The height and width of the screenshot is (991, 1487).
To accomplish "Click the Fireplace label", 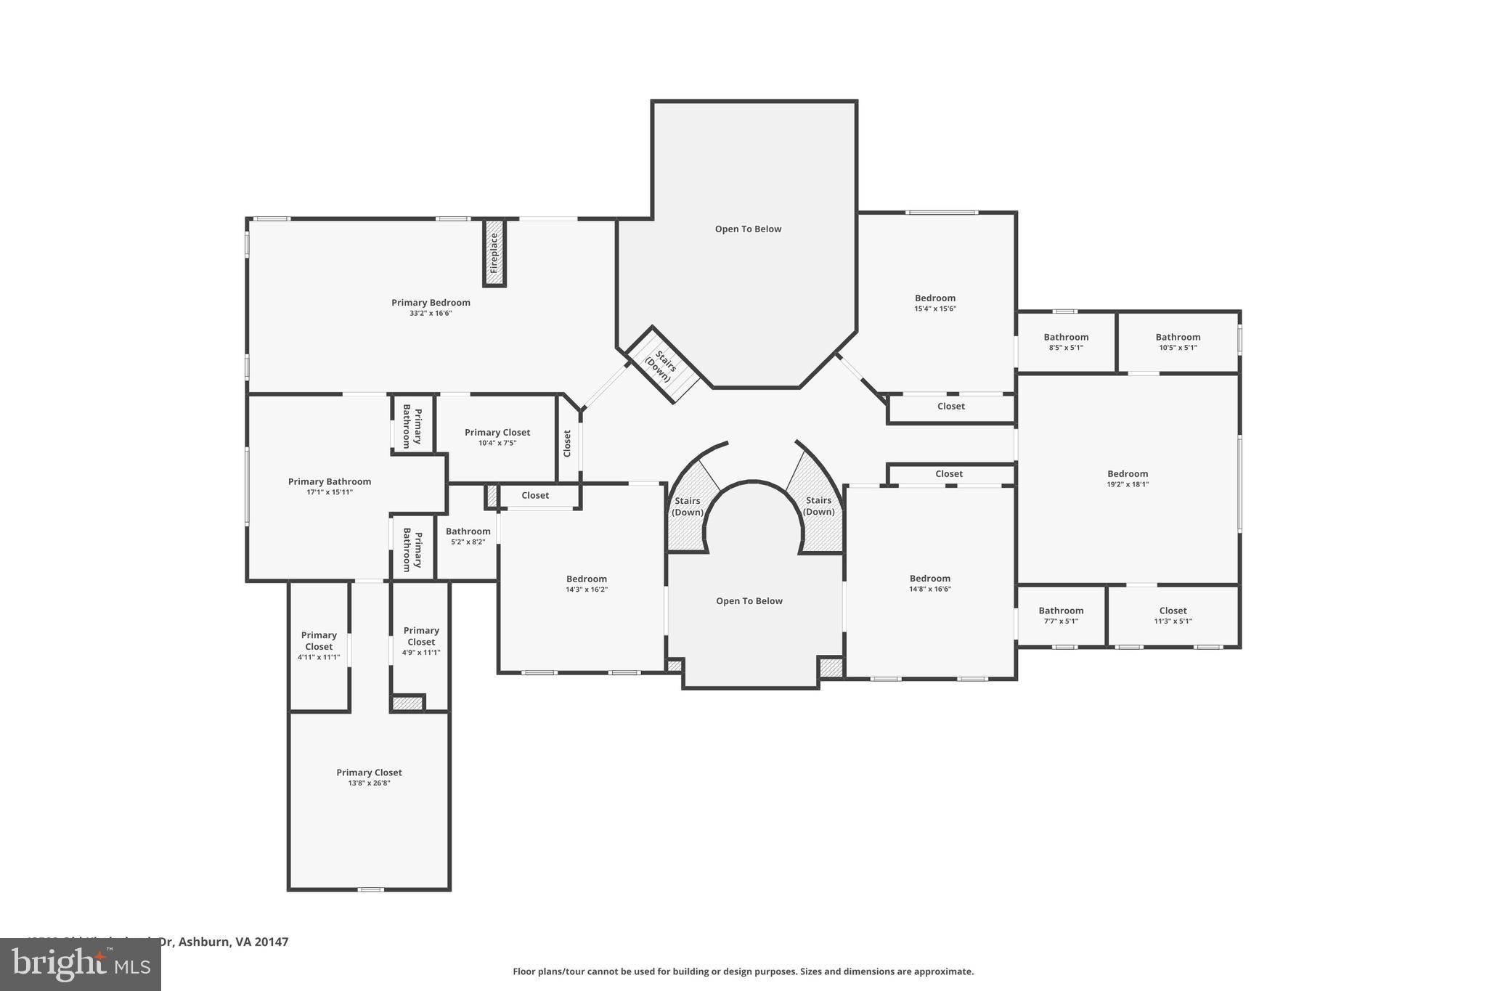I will (494, 253).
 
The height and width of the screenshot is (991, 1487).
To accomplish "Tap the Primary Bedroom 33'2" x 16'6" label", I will (431, 307).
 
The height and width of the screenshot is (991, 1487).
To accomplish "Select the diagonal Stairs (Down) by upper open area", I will (662, 365).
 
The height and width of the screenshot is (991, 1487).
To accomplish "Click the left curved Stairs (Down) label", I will (687, 506).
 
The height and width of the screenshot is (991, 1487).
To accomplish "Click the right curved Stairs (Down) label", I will (818, 505).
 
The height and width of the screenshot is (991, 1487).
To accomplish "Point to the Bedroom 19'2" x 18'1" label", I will (1128, 478).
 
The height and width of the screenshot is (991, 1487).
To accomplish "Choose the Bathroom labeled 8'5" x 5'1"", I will (1066, 341).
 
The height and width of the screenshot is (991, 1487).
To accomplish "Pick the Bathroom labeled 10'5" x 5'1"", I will (1178, 341).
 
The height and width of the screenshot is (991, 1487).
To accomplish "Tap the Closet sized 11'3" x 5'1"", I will (1173, 615).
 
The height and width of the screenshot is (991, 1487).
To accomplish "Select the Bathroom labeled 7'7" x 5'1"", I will (1061, 615).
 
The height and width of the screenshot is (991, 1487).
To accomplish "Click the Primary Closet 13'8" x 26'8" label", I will (369, 777).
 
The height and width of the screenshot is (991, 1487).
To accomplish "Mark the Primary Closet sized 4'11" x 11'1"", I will (319, 645).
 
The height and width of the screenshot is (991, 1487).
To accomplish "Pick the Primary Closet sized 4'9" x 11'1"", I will (421, 640).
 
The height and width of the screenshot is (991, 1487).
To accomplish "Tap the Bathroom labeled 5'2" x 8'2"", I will (468, 536).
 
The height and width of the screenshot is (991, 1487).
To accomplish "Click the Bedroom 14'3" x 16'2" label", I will (587, 584).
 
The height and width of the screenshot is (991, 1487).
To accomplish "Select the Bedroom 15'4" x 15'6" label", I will (935, 303).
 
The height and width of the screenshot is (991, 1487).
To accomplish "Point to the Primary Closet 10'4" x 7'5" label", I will (497, 437).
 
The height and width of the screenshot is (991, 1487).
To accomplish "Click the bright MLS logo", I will (81, 964).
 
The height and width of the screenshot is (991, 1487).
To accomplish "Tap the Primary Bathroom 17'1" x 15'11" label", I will (330, 486).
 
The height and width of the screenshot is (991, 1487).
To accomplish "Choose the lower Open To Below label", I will (749, 600).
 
